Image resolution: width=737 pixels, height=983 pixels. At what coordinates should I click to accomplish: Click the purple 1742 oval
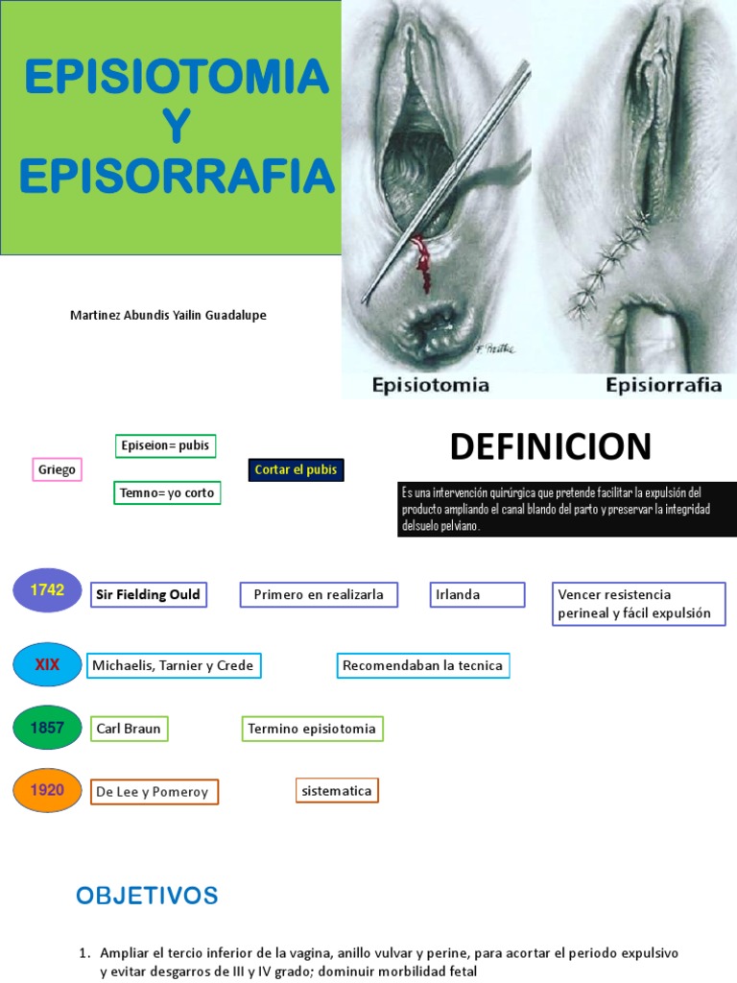(47, 590)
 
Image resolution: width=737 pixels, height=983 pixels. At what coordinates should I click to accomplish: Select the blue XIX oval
(47, 664)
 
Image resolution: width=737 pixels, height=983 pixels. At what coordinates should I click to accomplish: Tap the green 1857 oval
(47, 728)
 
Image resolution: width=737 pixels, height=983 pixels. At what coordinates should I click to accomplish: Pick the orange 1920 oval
(47, 790)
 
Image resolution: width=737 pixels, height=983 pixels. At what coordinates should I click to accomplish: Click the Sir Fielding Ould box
(148, 595)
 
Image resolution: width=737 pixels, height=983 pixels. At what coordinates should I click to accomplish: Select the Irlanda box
(477, 595)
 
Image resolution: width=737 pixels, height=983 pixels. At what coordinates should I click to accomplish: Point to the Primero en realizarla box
(319, 595)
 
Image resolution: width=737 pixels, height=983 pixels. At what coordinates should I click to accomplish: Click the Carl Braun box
(129, 730)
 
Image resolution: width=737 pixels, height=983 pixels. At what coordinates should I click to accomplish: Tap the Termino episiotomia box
(311, 730)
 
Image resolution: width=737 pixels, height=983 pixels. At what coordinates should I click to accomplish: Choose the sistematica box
(337, 791)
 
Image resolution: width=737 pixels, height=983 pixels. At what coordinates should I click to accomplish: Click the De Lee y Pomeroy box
(154, 792)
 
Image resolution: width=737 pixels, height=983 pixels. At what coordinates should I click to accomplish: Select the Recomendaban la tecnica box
(423, 665)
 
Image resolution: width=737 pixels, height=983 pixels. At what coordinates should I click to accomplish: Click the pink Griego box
(57, 470)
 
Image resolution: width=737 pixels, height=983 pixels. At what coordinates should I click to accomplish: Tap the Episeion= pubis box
(164, 446)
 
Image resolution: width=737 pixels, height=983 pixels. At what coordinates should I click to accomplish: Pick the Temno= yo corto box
(167, 493)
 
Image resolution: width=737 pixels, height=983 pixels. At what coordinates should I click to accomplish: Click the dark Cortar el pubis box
(295, 470)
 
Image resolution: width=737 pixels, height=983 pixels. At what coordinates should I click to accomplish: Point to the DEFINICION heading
(550, 446)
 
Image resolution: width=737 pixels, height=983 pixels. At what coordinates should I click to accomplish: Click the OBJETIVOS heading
(147, 897)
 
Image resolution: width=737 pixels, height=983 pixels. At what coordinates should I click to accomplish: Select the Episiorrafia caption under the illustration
(663, 385)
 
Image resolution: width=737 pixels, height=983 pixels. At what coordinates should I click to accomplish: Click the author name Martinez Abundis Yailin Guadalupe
(168, 316)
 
